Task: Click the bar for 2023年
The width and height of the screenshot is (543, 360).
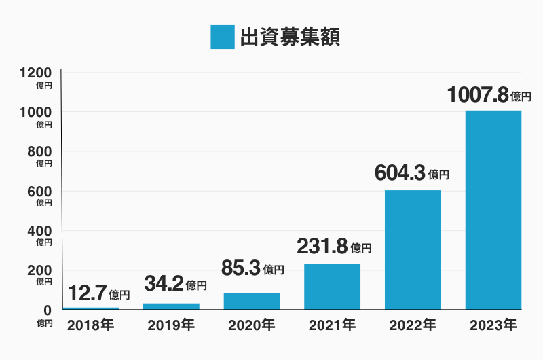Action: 493,210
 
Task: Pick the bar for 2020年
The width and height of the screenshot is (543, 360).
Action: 252,301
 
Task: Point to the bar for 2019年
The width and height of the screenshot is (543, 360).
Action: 171,306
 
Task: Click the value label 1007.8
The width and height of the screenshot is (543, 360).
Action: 479,94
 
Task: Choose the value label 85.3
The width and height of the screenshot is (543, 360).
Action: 241,268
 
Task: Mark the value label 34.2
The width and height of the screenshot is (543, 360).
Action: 164,283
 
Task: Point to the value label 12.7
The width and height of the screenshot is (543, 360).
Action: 87,293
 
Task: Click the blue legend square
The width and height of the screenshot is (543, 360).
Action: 222,37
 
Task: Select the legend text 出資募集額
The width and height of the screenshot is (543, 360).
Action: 290,37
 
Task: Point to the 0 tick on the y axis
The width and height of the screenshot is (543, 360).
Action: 46,310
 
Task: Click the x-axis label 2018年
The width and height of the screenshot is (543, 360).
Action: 91,326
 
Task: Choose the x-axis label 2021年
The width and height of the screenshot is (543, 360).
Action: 332,326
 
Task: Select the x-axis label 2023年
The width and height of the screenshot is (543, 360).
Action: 493,326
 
